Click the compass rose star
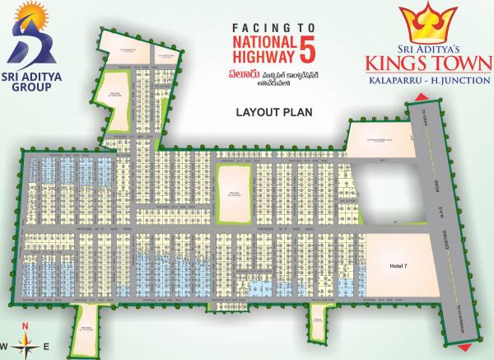pos(26,344)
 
